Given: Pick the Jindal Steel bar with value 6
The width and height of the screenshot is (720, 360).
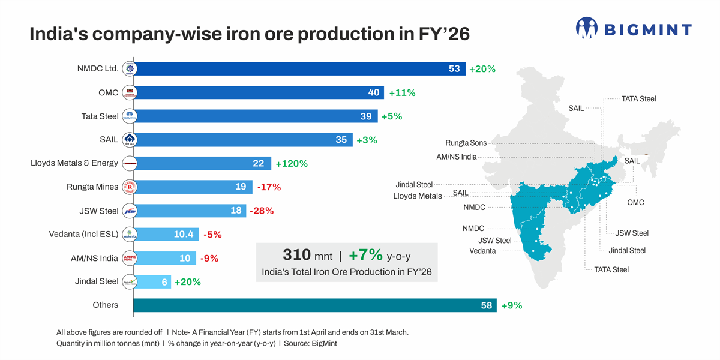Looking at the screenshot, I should pos(154,281).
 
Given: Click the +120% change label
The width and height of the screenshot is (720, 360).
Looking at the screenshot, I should pos(291,163).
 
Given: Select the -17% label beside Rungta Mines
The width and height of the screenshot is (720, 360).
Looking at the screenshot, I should pos(268,187).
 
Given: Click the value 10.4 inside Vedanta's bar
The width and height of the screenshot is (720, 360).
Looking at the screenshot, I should pos(183,234).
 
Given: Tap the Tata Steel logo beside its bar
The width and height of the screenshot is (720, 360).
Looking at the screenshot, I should pos(129,116).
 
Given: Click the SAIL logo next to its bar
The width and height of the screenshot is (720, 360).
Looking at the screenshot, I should pos(129,140).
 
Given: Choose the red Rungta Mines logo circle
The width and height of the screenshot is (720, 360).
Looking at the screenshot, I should pos(129,187).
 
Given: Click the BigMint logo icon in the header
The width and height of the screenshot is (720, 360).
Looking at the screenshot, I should pos(587,28).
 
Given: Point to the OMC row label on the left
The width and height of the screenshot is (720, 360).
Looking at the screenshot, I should pos(108,92).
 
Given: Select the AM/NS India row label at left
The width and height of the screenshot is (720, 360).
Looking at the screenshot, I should pos(94,258).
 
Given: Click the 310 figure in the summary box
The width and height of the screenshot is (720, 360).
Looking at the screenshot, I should pos(296,255).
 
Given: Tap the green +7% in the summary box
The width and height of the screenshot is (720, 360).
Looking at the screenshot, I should pos(365,255).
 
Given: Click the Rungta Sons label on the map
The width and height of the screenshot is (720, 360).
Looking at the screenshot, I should pos(466,143).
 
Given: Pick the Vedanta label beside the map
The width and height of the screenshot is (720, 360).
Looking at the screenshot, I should pos(482,251).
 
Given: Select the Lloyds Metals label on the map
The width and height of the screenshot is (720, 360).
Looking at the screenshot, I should pos(417,196).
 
